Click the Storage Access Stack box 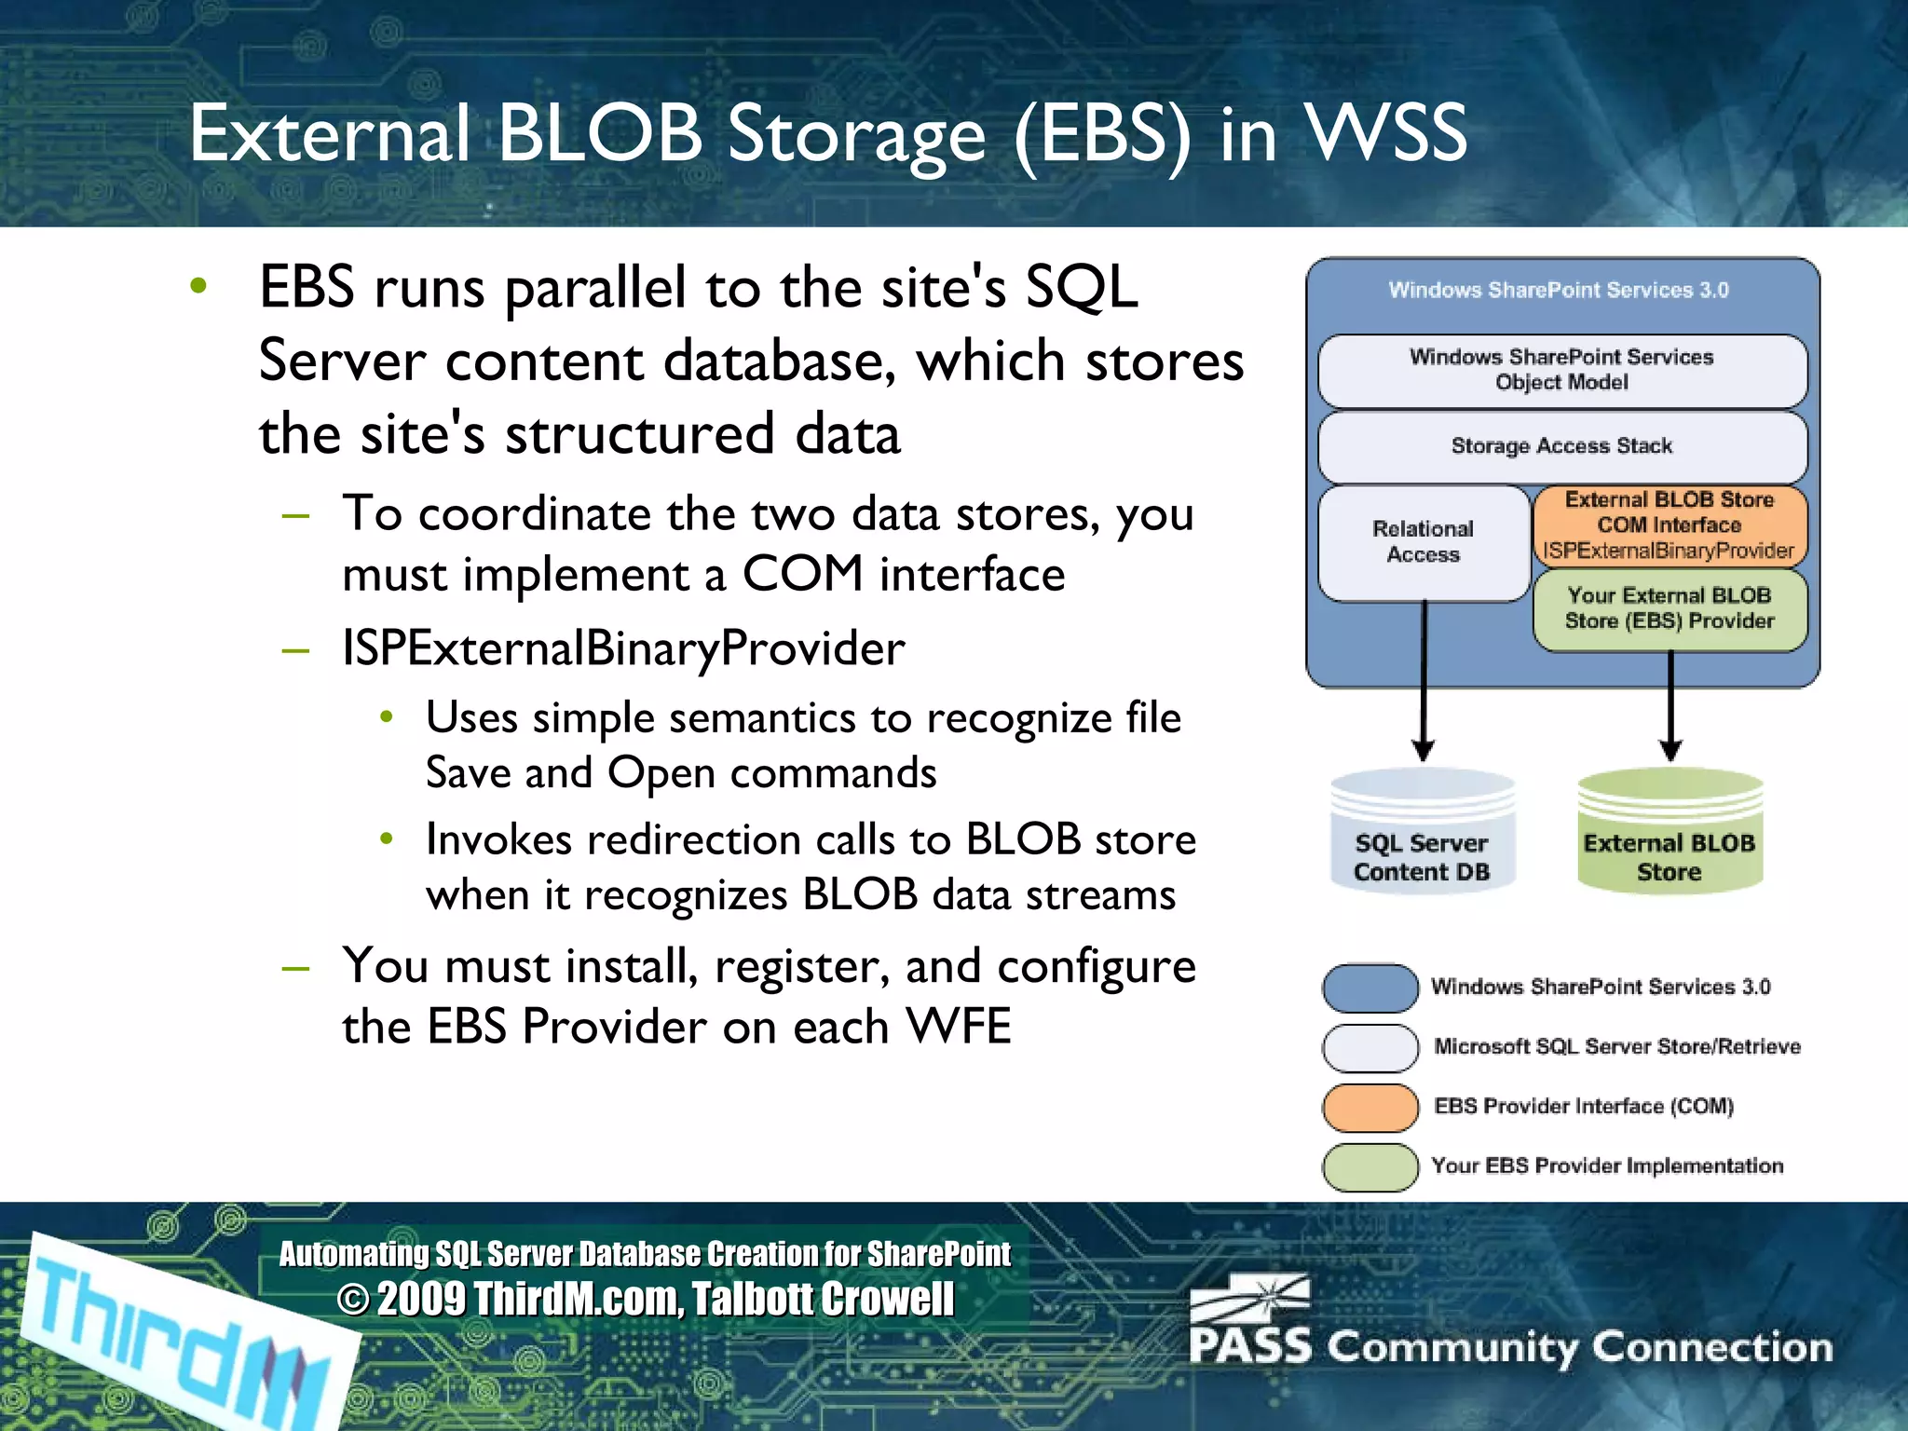1561,446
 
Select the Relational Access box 1423,542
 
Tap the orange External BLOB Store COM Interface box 1669,525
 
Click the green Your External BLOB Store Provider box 1669,608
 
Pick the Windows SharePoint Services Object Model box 1561,370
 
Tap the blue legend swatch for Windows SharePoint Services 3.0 1370,988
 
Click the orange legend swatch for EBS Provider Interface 1370,1107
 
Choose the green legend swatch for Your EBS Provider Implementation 1370,1167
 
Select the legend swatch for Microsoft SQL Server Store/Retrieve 1370,1047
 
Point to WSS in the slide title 1385,133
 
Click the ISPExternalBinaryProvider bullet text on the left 623,648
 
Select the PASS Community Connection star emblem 1253,1299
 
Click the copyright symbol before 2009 353,1300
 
